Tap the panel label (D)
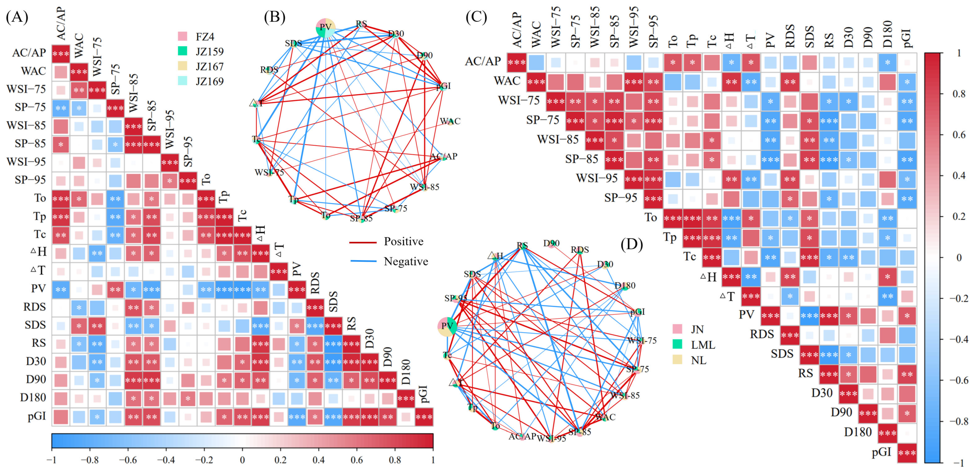click(632, 245)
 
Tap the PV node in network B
click(325, 28)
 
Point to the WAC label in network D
click(605, 417)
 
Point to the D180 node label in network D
click(625, 286)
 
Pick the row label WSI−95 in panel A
click(26, 162)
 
